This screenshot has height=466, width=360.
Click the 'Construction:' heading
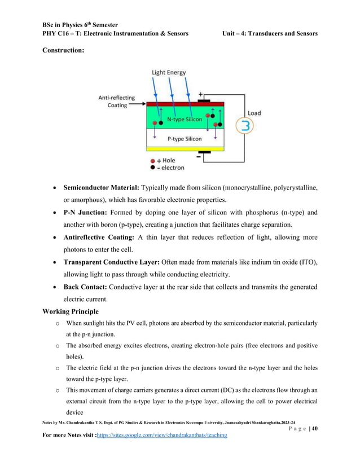pos(63,51)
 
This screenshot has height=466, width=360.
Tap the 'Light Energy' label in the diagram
pos(168,73)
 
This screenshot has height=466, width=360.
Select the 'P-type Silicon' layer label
pos(185,138)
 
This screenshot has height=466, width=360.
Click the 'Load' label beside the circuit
pos(254,113)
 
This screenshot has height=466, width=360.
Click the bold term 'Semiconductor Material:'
pos(101,187)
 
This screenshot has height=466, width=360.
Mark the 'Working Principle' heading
pos(71,311)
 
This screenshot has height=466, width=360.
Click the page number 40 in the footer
pos(314,428)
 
